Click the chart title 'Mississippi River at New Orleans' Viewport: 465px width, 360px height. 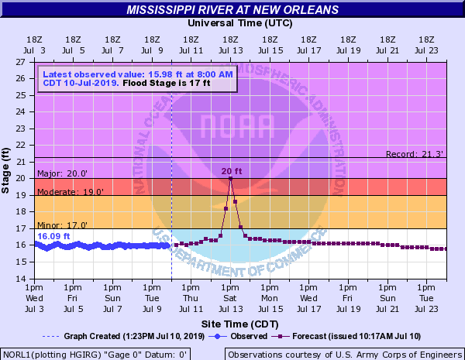pos(232,10)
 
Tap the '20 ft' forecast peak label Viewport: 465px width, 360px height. pos(232,171)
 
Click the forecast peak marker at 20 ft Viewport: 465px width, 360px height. pos(230,179)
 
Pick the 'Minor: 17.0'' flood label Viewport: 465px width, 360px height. pos(57,225)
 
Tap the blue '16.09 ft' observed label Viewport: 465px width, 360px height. pos(53,236)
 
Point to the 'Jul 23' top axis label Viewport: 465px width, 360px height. pos(425,49)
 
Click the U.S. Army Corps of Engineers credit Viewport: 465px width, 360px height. pos(343,354)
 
